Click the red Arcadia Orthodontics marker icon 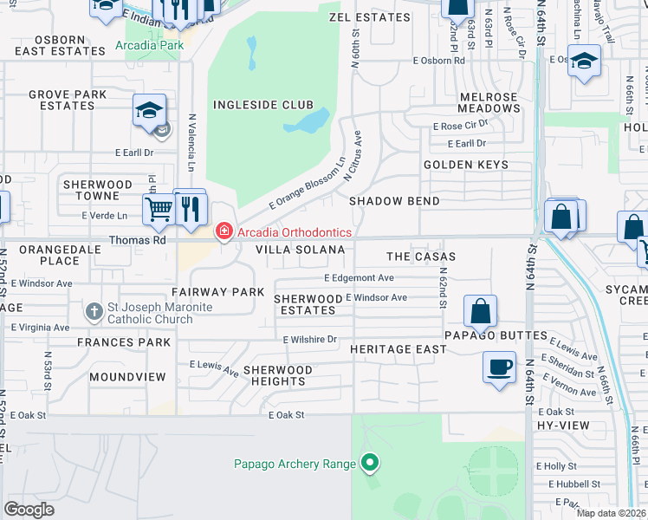pyautogui.click(x=224, y=231)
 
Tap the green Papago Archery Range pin pyautogui.click(x=370, y=463)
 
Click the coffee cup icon pyautogui.click(x=499, y=367)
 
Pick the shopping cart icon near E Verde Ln pyautogui.click(x=159, y=209)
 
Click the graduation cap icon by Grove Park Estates pyautogui.click(x=149, y=110)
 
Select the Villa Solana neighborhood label pyautogui.click(x=300, y=250)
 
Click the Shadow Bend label pyautogui.click(x=394, y=201)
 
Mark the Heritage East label pyautogui.click(x=399, y=349)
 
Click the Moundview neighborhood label pyautogui.click(x=127, y=377)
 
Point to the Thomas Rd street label pyautogui.click(x=137, y=240)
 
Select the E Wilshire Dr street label pyautogui.click(x=309, y=340)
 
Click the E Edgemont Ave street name pyautogui.click(x=359, y=278)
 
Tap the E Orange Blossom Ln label pyautogui.click(x=307, y=185)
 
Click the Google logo pyautogui.click(x=29, y=510)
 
